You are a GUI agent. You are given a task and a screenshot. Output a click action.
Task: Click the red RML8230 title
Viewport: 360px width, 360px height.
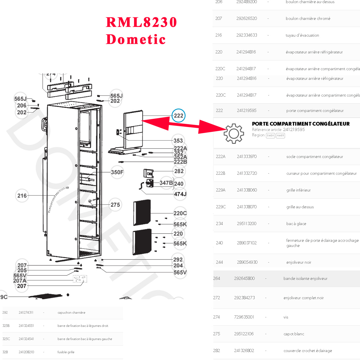click(x=141, y=22)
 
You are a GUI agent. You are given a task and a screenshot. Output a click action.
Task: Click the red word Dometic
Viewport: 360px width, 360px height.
click(x=136, y=39)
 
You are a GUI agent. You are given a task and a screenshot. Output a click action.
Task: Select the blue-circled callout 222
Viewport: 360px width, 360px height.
click(x=178, y=116)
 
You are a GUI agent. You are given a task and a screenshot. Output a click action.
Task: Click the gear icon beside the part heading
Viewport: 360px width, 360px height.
click(x=234, y=134)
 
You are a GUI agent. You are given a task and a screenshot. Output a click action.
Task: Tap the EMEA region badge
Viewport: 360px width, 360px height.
click(x=270, y=136)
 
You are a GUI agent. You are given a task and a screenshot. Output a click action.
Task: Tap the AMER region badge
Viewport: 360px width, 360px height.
click(x=280, y=136)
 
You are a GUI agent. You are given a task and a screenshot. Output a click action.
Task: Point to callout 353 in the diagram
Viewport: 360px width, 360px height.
click(x=178, y=141)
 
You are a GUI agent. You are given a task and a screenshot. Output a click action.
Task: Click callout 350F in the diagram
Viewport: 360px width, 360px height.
click(x=117, y=172)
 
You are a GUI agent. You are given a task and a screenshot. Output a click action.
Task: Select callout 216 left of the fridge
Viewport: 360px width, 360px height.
click(x=22, y=196)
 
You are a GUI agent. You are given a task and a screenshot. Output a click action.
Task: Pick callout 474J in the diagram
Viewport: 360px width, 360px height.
click(x=180, y=194)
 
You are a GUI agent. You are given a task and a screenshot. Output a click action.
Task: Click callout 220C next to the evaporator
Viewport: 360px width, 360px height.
click(x=180, y=213)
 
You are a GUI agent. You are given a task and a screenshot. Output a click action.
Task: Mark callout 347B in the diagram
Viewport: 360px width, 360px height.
click(x=166, y=183)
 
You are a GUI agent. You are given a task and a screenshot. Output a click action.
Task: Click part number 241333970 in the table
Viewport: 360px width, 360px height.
click(x=247, y=157)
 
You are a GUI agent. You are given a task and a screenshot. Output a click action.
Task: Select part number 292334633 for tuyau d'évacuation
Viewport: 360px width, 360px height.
click(x=247, y=35)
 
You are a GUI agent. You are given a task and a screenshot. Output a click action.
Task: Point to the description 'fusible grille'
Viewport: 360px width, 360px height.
click(x=66, y=352)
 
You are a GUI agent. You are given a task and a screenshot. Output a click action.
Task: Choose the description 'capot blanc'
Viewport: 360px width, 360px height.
click(x=294, y=334)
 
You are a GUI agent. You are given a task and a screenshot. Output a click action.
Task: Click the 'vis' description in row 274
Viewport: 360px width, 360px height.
click(x=286, y=317)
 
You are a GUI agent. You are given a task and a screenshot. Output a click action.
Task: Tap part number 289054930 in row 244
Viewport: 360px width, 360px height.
click(x=247, y=262)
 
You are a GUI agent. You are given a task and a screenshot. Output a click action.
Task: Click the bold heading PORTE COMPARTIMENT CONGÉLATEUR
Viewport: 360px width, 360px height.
click(x=301, y=124)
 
